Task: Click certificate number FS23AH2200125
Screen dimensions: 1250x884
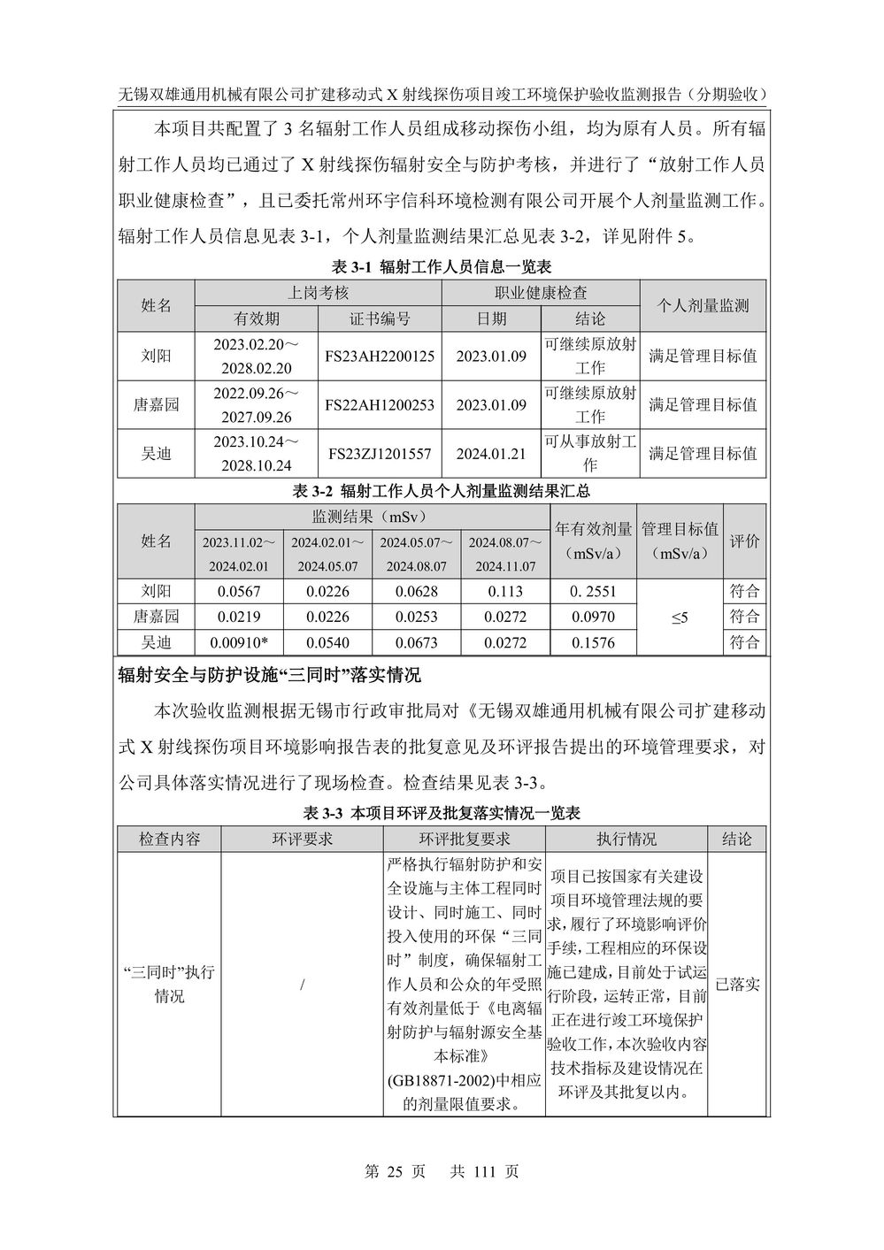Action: (x=380, y=356)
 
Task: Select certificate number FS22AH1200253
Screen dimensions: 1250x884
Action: (x=380, y=404)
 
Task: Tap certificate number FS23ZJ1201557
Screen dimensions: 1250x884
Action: (x=380, y=453)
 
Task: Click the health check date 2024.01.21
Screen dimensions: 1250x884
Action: (x=491, y=453)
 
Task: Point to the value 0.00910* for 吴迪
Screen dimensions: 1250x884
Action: (x=239, y=643)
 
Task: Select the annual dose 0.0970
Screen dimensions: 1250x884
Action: (x=594, y=617)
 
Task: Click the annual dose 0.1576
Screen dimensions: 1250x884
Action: (x=594, y=643)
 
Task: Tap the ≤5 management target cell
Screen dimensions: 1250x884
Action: (x=680, y=617)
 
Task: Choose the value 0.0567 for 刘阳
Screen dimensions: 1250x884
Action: (x=239, y=591)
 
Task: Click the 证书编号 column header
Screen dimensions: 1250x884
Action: (x=380, y=318)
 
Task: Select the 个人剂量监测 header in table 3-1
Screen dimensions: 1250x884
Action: (x=703, y=305)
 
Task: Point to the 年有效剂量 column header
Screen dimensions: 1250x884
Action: (x=594, y=529)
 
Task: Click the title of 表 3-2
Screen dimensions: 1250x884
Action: (x=441, y=490)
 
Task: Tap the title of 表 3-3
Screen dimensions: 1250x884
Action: (x=441, y=812)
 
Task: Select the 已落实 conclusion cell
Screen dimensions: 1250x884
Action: (x=737, y=984)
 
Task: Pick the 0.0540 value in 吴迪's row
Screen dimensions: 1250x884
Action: (x=327, y=643)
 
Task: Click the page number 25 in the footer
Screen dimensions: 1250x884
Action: (x=395, y=1171)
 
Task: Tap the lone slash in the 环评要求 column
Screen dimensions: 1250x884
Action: (x=303, y=985)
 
